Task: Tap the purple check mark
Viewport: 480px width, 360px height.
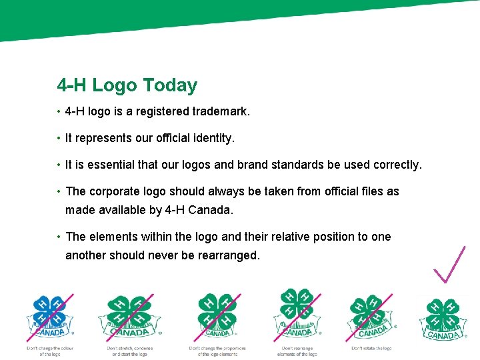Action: (449, 264)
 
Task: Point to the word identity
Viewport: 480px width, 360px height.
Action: (210, 139)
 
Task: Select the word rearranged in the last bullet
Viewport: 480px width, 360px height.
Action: (228, 255)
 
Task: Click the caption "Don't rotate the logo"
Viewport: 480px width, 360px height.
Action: (371, 348)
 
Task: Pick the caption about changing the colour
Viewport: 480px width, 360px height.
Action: (50, 351)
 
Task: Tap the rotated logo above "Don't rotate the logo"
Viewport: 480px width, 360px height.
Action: (371, 315)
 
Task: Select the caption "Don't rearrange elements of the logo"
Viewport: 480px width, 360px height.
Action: (297, 351)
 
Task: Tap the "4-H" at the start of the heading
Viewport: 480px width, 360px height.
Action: (72, 85)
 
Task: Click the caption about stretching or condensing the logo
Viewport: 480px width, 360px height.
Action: (130, 351)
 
